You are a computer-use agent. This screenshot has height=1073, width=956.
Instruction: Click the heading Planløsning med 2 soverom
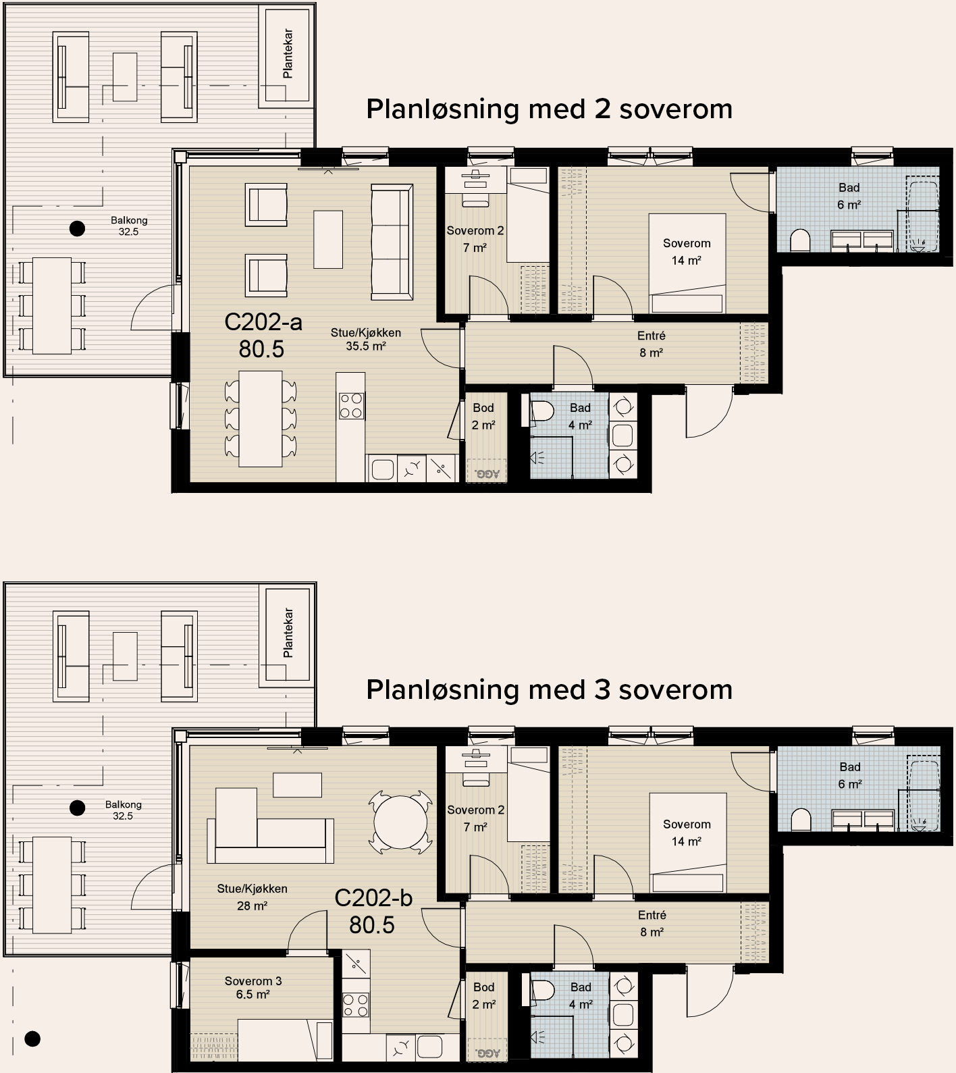(549, 109)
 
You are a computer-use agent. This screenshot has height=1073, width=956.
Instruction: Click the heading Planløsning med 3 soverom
(549, 690)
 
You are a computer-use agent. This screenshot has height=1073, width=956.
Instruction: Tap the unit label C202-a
(263, 322)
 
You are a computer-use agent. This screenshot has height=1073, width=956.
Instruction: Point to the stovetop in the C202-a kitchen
(352, 406)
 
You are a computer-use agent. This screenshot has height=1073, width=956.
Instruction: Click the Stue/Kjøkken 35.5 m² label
(366, 340)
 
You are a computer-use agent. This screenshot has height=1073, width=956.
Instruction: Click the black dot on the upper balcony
(78, 228)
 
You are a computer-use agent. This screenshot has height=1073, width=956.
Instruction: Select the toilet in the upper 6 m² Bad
(800, 240)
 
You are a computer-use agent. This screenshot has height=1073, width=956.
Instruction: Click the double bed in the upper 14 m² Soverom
(687, 263)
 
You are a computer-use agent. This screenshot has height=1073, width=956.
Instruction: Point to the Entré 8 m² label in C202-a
(651, 344)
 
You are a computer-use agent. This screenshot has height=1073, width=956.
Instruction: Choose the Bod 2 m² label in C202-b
(484, 995)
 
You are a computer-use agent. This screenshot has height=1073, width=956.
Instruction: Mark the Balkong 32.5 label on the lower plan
(124, 810)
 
